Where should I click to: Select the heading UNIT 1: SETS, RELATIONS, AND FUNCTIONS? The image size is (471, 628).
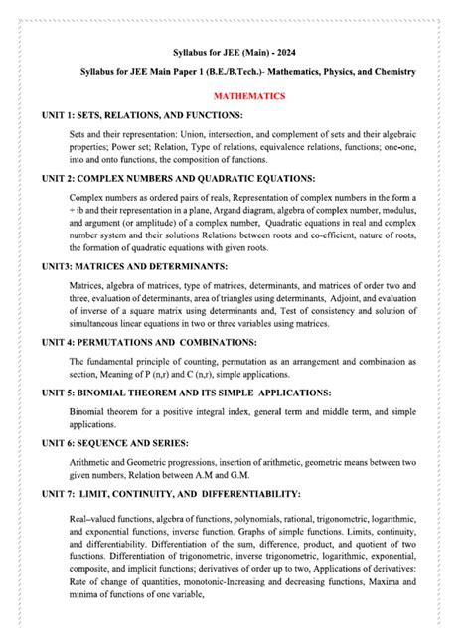[142, 115]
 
